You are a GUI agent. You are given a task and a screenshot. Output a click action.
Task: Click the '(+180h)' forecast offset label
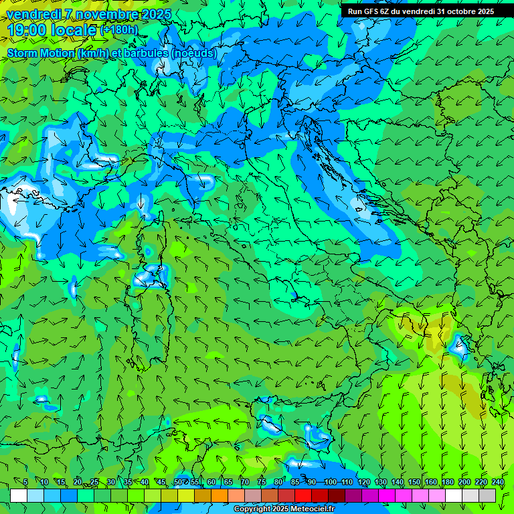[118, 30]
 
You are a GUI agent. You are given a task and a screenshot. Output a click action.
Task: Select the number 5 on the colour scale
[25, 483]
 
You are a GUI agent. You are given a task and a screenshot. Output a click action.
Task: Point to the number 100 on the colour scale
[330, 483]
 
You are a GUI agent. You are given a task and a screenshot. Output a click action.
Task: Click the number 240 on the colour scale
[498, 483]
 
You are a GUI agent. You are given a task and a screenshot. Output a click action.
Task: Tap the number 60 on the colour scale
[211, 483]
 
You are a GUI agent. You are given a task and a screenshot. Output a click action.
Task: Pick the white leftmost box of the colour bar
[19, 495]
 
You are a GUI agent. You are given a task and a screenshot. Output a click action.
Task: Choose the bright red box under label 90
[303, 495]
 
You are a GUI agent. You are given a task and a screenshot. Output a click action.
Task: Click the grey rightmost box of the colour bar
[488, 495]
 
